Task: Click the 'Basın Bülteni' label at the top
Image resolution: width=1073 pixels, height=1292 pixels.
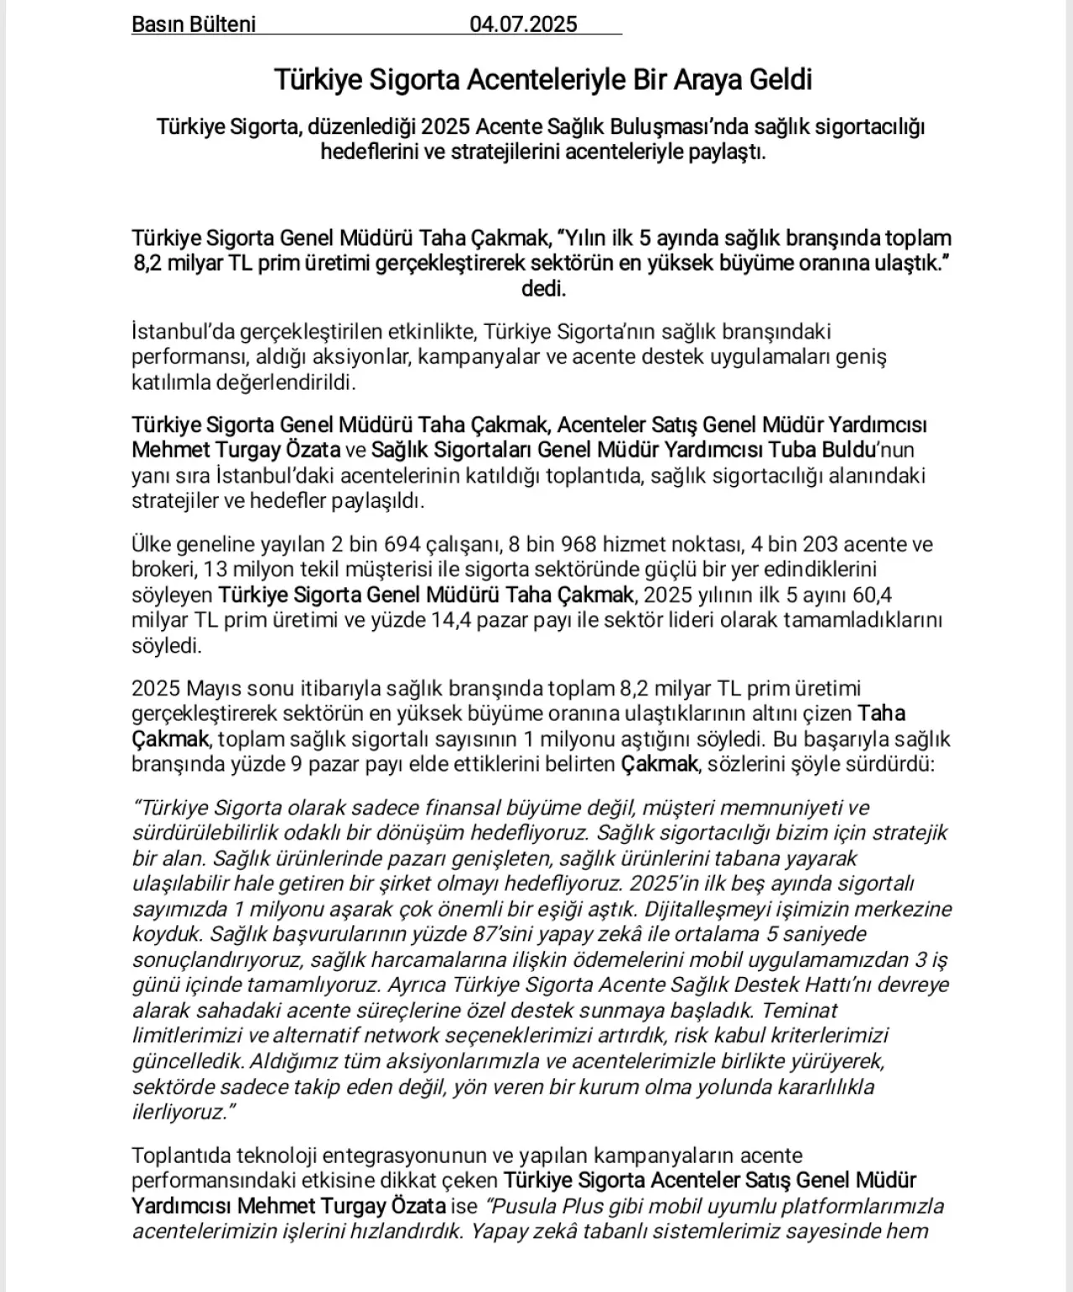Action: coord(194,24)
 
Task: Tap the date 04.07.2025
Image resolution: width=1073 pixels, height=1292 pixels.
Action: coord(523,24)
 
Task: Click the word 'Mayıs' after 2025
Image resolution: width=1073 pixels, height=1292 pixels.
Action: coord(214,689)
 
